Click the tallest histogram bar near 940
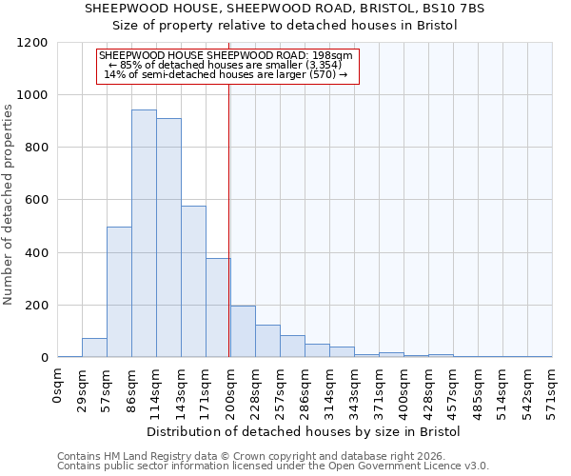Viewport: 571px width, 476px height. tap(144, 233)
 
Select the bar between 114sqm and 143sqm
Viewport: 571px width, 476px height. tap(168, 238)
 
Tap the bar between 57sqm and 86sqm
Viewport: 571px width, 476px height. tap(119, 292)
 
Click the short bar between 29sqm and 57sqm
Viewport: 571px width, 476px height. tap(94, 348)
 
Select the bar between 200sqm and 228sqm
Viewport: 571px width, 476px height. tap(243, 332)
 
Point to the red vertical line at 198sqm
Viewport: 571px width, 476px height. tap(229, 219)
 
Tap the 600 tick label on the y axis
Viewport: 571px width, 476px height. tap(34, 201)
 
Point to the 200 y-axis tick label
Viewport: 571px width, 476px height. tap(34, 306)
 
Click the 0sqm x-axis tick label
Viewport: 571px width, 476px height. tap(58, 387)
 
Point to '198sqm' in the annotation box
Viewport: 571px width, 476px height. tap(335, 56)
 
